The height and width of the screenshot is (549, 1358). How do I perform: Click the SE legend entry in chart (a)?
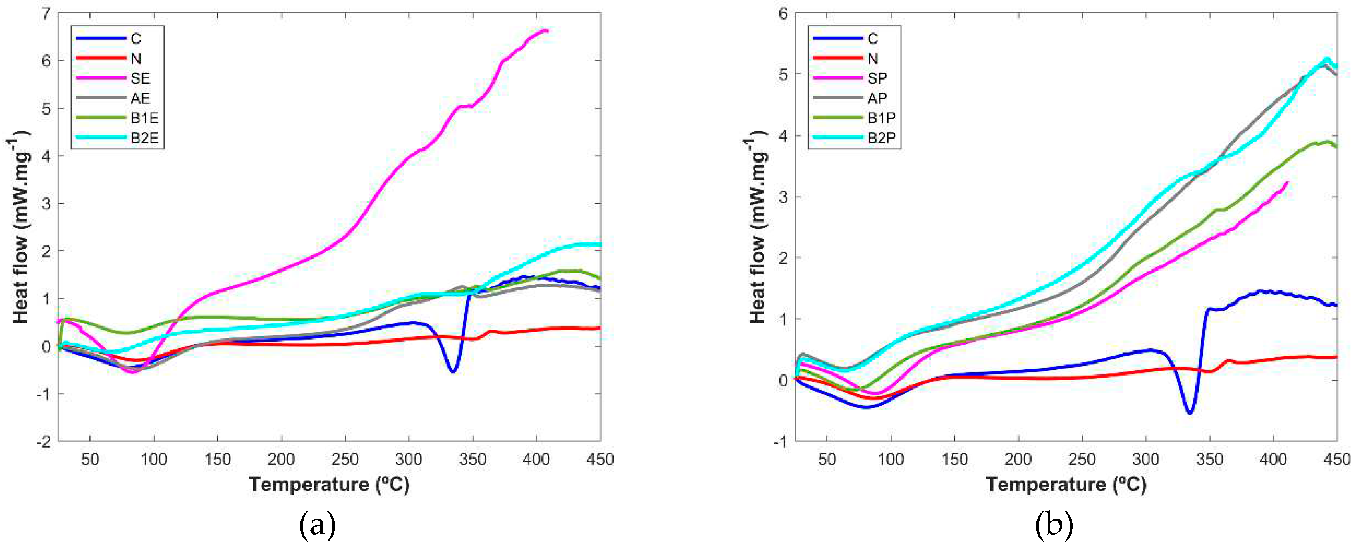pyautogui.click(x=140, y=78)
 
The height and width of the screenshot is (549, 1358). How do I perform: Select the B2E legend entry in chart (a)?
pyautogui.click(x=144, y=138)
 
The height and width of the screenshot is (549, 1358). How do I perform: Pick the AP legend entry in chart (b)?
pyautogui.click(x=877, y=98)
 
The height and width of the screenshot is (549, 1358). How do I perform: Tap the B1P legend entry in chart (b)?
pyautogui.click(x=881, y=118)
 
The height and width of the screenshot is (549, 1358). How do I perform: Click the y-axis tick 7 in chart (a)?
pyautogui.click(x=46, y=14)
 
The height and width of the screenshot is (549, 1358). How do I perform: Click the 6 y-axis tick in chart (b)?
pyautogui.click(x=783, y=14)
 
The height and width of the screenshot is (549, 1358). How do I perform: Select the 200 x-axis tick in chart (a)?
pyautogui.click(x=281, y=460)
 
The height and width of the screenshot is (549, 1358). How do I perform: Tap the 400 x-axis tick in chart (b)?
pyautogui.click(x=1273, y=460)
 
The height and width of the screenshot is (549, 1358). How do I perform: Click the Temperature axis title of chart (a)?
pyautogui.click(x=329, y=484)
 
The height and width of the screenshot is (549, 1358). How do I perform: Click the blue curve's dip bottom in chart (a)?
pyautogui.click(x=452, y=372)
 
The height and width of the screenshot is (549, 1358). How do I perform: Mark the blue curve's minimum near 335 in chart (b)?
pyautogui.click(x=1189, y=413)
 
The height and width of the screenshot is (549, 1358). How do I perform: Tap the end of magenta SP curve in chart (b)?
pyautogui.click(x=1288, y=183)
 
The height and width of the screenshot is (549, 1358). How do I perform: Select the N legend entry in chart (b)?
pyautogui.click(x=873, y=58)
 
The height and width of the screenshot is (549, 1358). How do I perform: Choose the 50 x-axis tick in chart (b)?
pyautogui.click(x=827, y=460)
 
